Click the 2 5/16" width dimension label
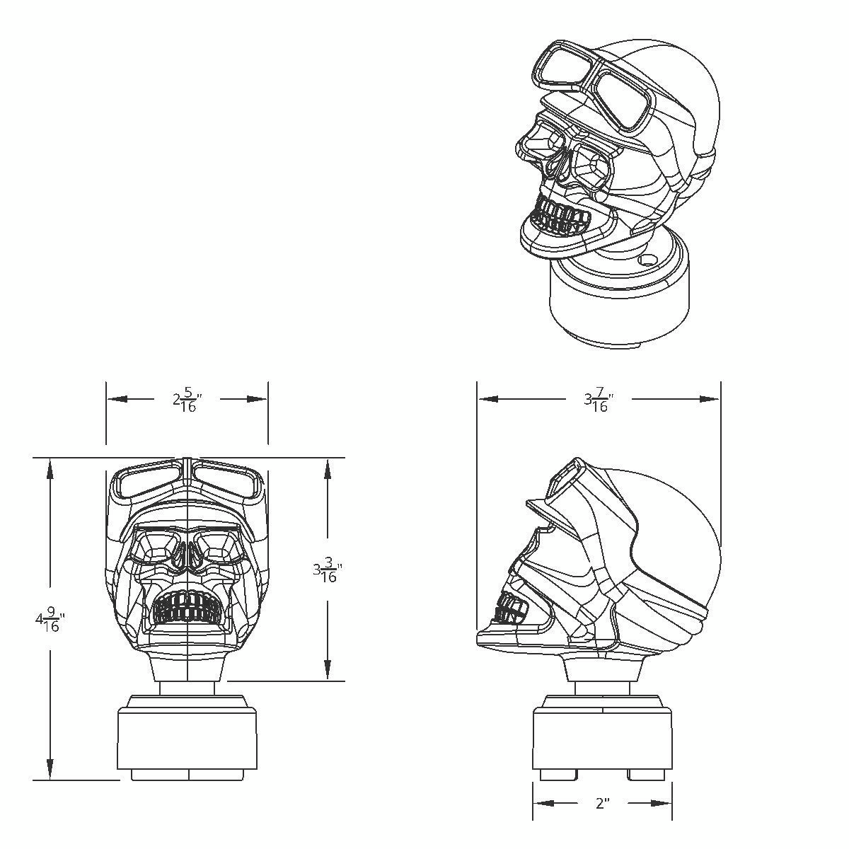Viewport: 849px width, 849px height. pyautogui.click(x=187, y=400)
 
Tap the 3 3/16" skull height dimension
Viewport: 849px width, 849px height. pyautogui.click(x=328, y=570)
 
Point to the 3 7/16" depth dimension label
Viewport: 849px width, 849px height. pyautogui.click(x=598, y=400)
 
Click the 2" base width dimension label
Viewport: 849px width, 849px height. pyautogui.click(x=602, y=804)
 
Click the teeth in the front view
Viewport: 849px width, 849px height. pyautogui.click(x=187, y=607)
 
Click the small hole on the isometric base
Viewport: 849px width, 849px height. pyautogui.click(x=645, y=260)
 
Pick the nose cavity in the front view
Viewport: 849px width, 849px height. pyautogui.click(x=187, y=559)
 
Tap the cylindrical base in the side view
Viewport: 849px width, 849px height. pyautogui.click(x=601, y=739)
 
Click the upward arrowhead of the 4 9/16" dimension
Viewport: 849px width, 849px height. pyautogui.click(x=50, y=467)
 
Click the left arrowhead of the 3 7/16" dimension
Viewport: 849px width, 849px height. pyautogui.click(x=485, y=399)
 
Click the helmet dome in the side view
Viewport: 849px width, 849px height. pyautogui.click(x=672, y=524)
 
